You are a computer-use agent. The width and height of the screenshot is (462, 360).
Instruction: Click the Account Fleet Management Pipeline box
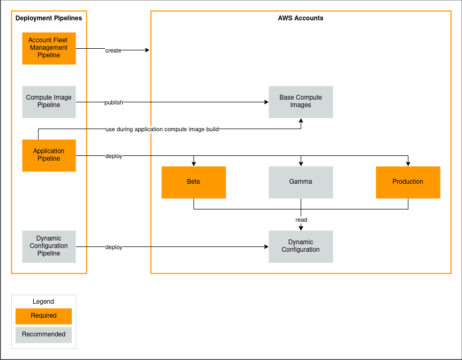[49, 48]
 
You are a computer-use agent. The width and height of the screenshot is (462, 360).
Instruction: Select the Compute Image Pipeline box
[49, 102]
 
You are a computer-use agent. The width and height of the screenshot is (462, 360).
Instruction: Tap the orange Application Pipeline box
[49, 155]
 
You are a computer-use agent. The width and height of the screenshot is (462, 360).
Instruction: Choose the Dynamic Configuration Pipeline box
[49, 246]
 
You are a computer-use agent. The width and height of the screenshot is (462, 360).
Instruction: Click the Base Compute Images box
[301, 102]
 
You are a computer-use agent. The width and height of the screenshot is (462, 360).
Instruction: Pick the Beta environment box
[193, 182]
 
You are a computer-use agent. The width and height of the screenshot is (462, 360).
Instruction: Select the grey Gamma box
[301, 182]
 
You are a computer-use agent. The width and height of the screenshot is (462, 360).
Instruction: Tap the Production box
[408, 182]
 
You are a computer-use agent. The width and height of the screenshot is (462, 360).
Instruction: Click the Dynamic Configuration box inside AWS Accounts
[301, 246]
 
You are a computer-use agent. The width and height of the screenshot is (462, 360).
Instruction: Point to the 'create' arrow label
[113, 50]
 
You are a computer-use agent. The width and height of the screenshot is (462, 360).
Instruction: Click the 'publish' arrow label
[114, 102]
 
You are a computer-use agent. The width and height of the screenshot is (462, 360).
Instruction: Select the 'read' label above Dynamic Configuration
[301, 220]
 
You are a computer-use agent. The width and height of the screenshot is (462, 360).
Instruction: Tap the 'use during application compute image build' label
[162, 129]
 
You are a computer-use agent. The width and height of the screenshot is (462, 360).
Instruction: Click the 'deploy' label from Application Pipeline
[114, 156]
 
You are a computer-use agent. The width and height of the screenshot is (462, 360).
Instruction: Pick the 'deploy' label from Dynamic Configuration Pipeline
[114, 247]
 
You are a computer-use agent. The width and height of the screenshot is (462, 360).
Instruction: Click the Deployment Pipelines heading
[49, 18]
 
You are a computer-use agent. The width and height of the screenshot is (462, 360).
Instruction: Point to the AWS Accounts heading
[301, 18]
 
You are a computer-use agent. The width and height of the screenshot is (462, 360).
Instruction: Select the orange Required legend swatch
[43, 316]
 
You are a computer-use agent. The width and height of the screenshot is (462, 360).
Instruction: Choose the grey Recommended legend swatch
[43, 335]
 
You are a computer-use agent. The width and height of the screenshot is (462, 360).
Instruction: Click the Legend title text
[43, 302]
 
